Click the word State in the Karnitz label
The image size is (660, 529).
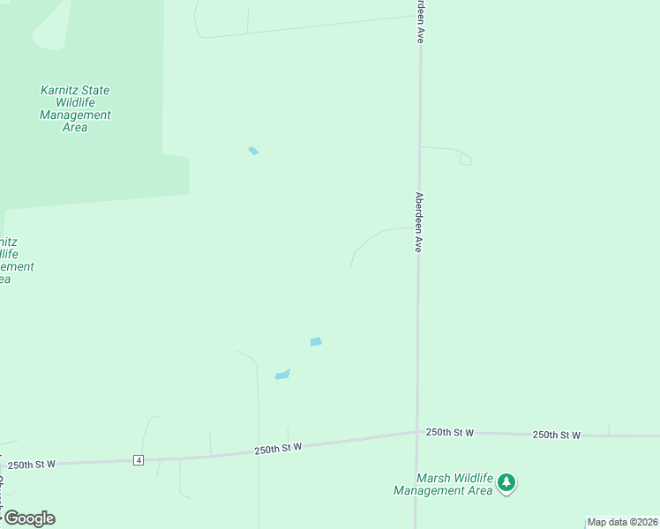95,90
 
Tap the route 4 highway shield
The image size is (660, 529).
139,460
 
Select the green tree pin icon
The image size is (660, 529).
506,482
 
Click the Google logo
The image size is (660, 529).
29,518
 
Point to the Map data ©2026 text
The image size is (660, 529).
623,522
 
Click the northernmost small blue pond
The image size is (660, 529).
253,151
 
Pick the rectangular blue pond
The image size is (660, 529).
316,341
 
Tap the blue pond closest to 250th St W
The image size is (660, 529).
282,375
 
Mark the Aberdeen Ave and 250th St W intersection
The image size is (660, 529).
416,432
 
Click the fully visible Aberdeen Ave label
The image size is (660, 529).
419,222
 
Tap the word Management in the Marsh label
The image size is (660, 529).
430,491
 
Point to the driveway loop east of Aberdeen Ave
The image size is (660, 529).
465,158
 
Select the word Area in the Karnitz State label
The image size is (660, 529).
75,127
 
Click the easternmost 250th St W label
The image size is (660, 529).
556,435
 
